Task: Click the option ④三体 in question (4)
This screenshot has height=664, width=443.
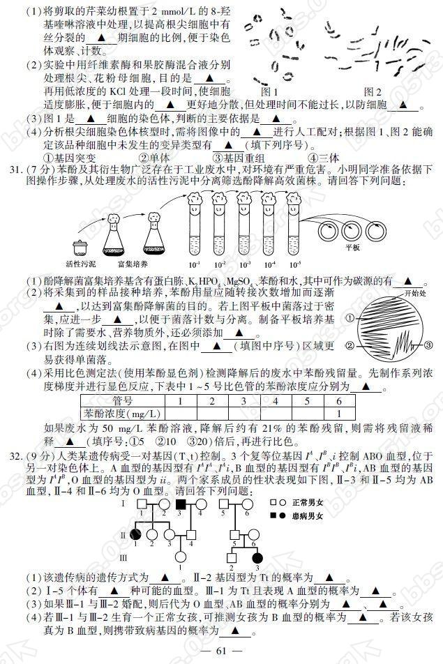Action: [304, 156]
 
